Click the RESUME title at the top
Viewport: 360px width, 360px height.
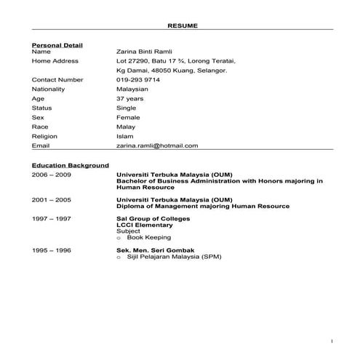click(183, 25)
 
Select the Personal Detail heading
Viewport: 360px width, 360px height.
click(57, 45)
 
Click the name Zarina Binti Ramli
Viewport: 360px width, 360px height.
click(144, 52)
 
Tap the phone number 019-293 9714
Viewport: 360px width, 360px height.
click(139, 80)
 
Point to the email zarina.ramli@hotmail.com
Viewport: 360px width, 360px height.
click(157, 145)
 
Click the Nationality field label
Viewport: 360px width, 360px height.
click(49, 89)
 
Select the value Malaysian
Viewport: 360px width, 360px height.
click(132, 89)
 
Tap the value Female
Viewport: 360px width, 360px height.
click(128, 117)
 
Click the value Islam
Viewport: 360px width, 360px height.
click(124, 136)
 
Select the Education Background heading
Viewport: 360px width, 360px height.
click(71, 166)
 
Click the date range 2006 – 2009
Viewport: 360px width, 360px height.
click(51, 175)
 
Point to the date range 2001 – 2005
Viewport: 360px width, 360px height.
click(51, 199)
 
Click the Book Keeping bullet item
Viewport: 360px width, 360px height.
click(148, 237)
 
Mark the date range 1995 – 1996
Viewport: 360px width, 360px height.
click(51, 250)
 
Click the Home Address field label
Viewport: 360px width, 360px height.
click(55, 62)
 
